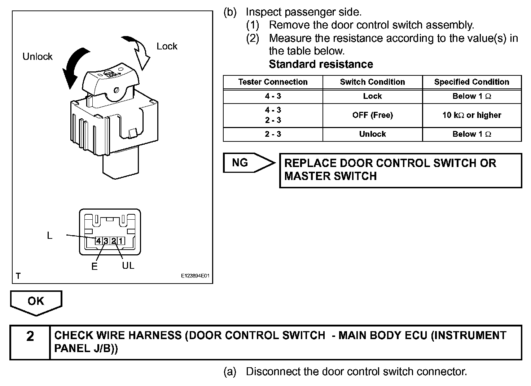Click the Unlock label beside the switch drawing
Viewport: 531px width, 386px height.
(38, 57)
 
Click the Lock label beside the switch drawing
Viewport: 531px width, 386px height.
(167, 46)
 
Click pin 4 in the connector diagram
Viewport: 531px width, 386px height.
(98, 241)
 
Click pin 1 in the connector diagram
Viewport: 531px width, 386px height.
(121, 241)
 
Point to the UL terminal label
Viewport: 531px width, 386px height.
(128, 266)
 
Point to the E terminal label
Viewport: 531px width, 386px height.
(95, 267)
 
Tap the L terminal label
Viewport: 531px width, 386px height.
(50, 236)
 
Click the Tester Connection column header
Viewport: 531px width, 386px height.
(273, 82)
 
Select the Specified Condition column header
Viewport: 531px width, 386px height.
(471, 82)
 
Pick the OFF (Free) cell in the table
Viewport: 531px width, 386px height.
(372, 115)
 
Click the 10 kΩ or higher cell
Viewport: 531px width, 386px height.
(471, 115)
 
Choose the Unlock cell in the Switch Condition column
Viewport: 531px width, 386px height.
(372, 134)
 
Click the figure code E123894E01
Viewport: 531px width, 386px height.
(195, 276)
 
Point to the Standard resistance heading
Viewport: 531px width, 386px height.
(321, 64)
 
